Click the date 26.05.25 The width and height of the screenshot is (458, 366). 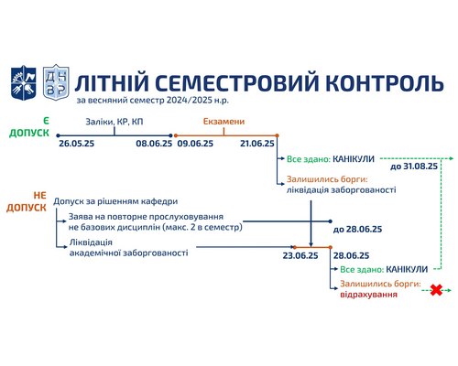(77, 144)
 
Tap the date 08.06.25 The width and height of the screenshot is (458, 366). (154, 144)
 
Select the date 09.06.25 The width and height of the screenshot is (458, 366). (195, 144)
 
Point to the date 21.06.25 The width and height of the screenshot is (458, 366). (257, 144)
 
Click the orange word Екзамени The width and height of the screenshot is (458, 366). (224, 122)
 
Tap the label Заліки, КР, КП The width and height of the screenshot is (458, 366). (114, 122)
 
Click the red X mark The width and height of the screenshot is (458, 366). (436, 290)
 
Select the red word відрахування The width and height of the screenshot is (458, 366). (369, 295)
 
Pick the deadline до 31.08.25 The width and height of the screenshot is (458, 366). (414, 167)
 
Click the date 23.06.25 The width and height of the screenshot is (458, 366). (300, 255)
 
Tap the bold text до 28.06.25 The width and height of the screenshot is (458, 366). (357, 230)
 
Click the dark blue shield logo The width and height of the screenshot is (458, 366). (24, 82)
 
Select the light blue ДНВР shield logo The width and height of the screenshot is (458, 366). (56, 82)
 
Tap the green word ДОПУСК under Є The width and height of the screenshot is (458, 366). (29, 133)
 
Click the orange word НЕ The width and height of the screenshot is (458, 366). (40, 196)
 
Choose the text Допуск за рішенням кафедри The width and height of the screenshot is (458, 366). (115, 201)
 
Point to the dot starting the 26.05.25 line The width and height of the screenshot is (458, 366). (58, 135)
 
